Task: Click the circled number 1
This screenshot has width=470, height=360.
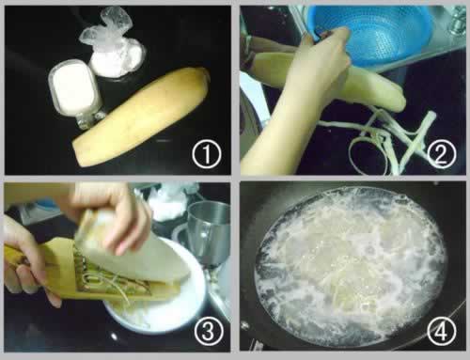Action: click(207, 154)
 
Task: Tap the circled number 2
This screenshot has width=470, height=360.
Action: click(441, 154)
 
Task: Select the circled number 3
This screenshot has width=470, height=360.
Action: click(209, 331)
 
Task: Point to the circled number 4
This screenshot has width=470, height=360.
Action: click(442, 331)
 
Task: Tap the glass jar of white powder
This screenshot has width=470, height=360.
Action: click(76, 93)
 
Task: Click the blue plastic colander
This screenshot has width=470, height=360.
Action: click(373, 35)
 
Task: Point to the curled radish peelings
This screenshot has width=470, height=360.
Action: click(385, 141)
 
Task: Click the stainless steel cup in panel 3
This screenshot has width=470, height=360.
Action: click(209, 233)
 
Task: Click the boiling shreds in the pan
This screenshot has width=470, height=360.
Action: click(351, 266)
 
